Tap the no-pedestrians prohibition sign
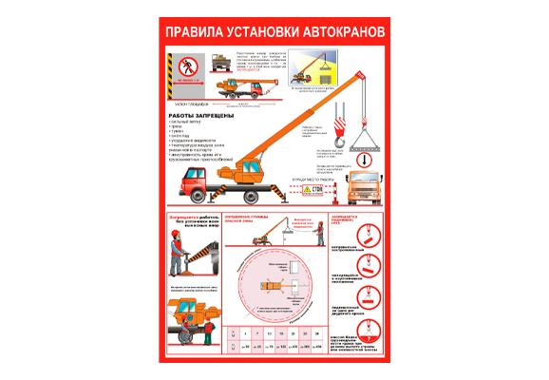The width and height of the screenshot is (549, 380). (186, 67)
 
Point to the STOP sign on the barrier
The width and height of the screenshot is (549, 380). (316, 190)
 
